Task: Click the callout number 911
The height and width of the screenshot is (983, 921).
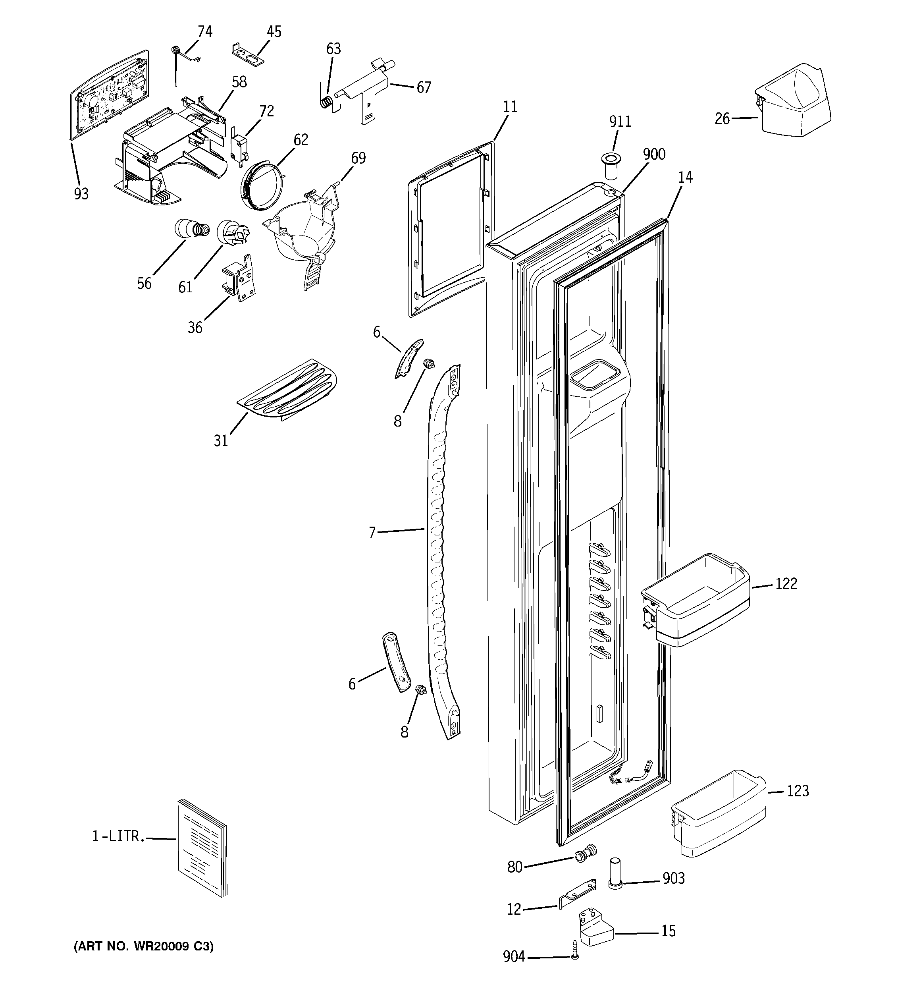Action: coord(620,121)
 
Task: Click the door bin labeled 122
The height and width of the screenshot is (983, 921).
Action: coord(696,599)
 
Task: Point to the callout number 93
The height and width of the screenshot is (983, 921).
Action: coord(81,194)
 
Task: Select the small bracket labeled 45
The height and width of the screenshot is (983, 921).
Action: coord(248,54)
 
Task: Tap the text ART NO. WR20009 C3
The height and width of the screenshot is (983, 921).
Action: coord(144,946)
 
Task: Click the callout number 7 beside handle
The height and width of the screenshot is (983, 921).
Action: coord(372,533)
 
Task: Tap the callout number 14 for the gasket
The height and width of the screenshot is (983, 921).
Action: coord(685,177)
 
